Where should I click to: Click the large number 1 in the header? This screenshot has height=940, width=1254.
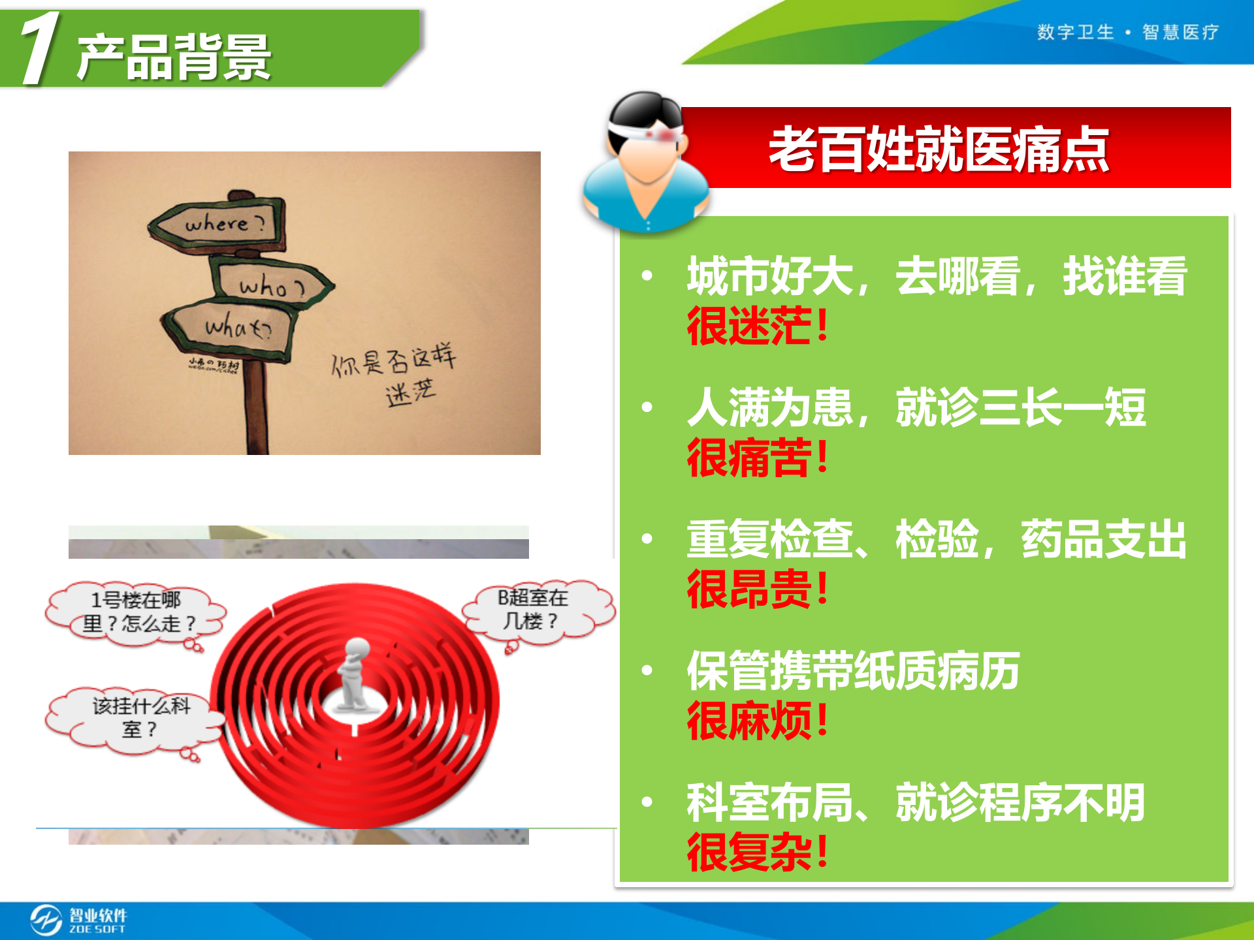coord(40,49)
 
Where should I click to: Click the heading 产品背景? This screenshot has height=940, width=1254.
coord(174,57)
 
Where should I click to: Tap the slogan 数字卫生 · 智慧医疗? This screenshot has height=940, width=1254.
coord(1127,32)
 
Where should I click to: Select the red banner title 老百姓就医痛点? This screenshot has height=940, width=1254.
coord(939,149)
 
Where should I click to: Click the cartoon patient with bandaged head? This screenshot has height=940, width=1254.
coord(645,163)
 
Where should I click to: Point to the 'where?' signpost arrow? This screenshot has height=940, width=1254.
coord(219,224)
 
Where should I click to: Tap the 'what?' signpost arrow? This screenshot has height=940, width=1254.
coord(232,326)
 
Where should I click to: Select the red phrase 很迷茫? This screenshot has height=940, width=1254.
coord(758,326)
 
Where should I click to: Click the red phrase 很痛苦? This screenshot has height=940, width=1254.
coord(758,458)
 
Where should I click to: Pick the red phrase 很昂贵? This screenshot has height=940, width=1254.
coord(758,589)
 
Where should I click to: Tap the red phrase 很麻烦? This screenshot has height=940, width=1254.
coord(758,721)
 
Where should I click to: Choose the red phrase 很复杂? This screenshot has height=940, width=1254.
coord(758,853)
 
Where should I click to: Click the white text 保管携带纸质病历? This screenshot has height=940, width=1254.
coord(853,671)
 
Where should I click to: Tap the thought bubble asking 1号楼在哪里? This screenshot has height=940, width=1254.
coord(136,612)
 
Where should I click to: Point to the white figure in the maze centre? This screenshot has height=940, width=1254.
coord(354,676)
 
